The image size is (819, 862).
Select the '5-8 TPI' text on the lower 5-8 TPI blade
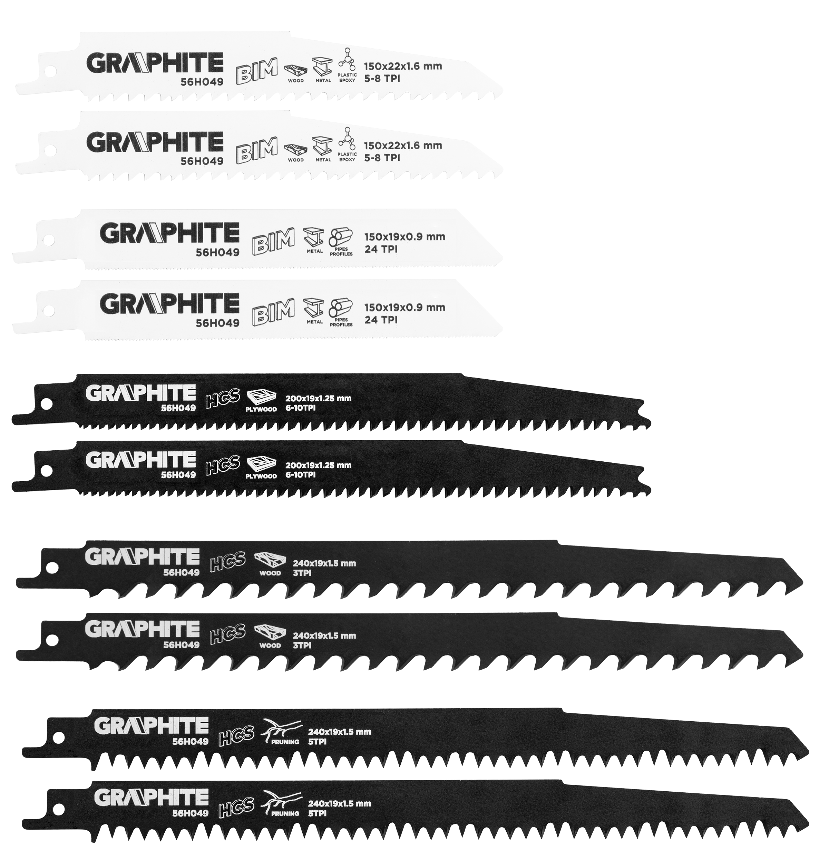pyautogui.click(x=382, y=158)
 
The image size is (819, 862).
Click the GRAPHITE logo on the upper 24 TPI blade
pyautogui.click(x=169, y=232)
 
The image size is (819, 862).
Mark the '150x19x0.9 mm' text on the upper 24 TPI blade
pyautogui.click(x=404, y=237)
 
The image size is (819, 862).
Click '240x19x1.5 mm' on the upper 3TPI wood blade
pyautogui.click(x=324, y=563)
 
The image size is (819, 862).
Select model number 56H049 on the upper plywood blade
pyautogui.click(x=178, y=408)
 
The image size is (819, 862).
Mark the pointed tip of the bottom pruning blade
pyautogui.click(x=808, y=827)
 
